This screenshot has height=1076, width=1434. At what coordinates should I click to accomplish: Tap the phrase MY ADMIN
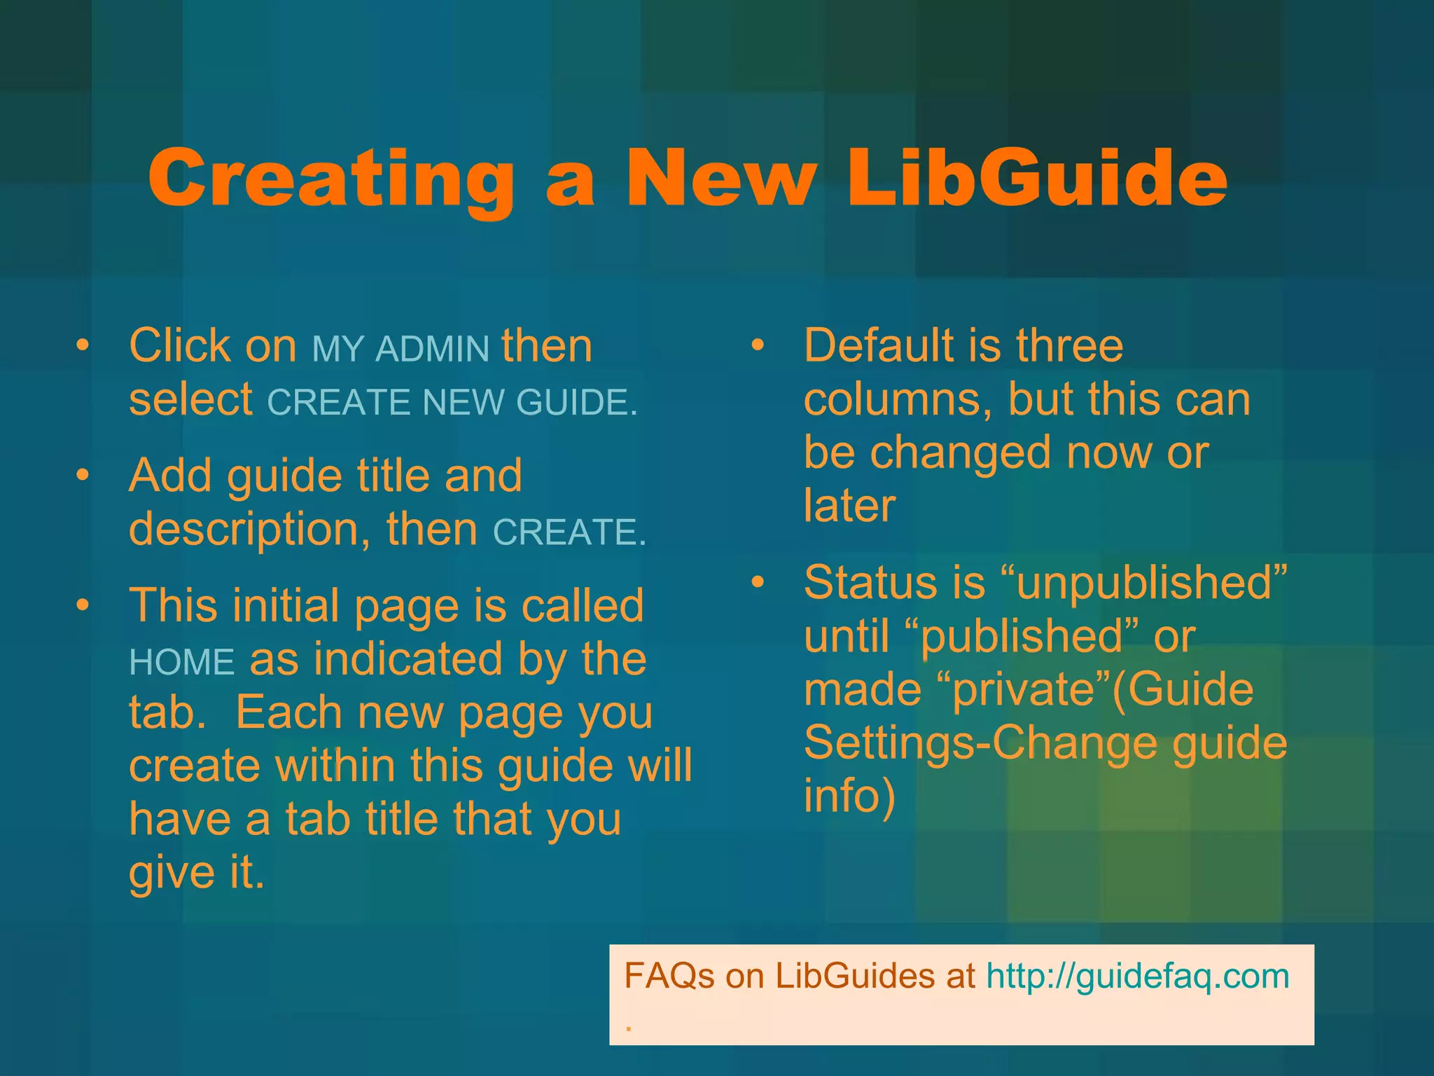coord(400,349)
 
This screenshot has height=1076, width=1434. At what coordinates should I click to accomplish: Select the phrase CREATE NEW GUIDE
coord(452,403)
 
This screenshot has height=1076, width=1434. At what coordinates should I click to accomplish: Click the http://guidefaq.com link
coord(1137,976)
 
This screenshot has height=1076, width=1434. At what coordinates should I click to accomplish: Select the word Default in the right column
coord(882,345)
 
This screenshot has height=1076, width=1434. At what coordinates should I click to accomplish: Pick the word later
coord(849,506)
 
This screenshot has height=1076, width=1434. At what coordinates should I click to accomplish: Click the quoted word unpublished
coord(1144,583)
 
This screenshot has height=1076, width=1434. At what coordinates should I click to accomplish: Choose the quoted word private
coord(1024,689)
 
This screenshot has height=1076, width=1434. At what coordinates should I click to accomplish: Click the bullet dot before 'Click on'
coord(83,345)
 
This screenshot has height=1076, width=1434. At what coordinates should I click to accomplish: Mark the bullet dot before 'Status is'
coord(758,582)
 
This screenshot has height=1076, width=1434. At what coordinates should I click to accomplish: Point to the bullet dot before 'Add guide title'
coord(83,475)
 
